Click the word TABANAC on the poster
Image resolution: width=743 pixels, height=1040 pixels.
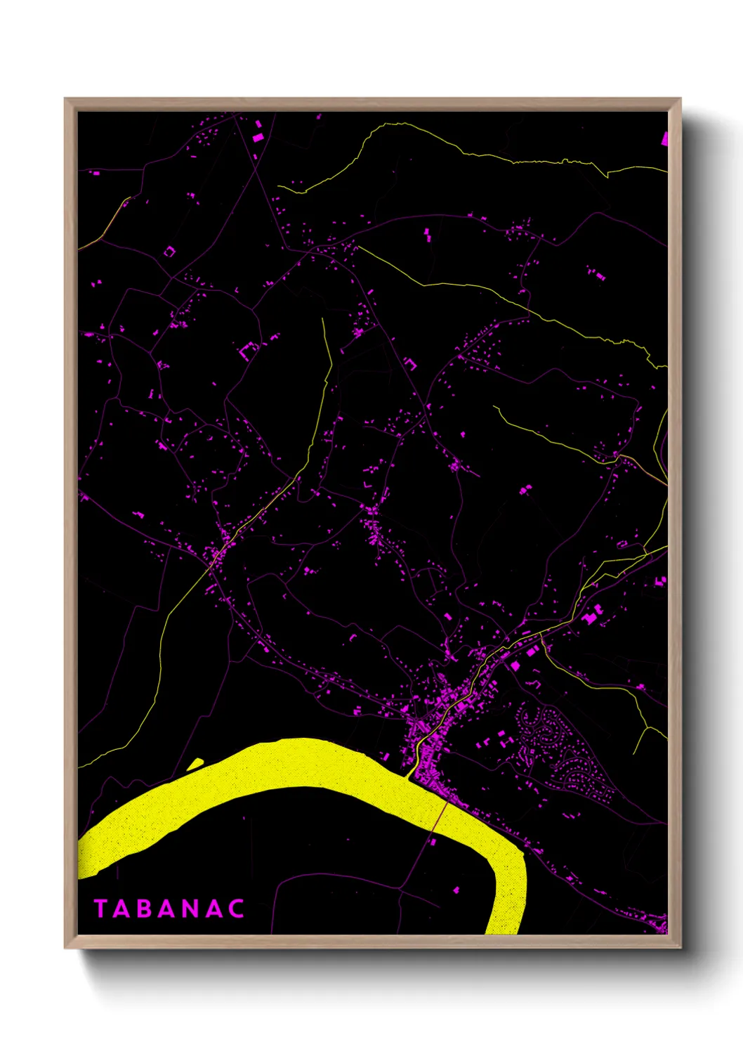pos(169,909)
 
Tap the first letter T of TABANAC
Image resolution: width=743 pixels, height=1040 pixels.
pos(100,909)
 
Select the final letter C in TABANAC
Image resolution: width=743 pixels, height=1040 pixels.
pos(237,909)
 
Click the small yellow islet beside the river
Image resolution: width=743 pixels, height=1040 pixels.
pos(195,763)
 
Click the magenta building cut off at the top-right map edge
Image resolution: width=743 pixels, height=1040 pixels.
pos(664,138)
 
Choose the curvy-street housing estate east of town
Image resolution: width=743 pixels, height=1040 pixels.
pos(562,752)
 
